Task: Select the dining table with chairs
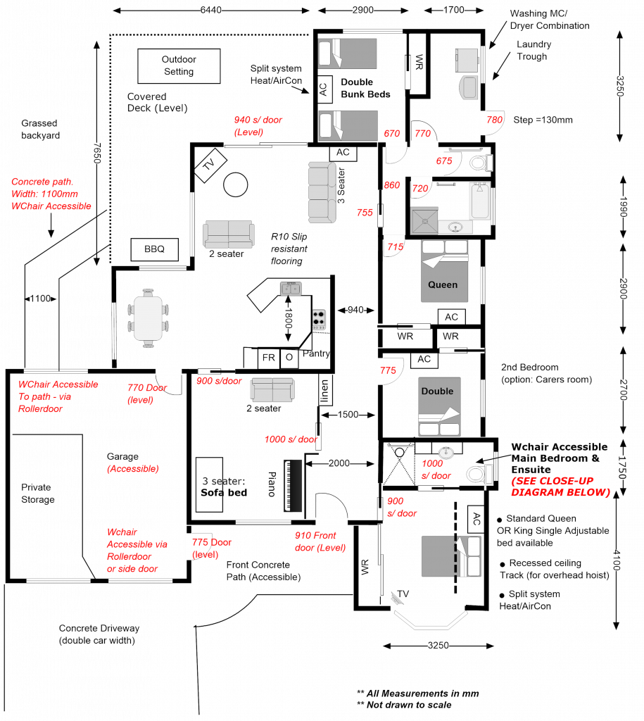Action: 148,318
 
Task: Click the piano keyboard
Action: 293,486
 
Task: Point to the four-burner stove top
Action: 319,319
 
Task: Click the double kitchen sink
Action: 291,289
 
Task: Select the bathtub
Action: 479,201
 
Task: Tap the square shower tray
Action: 424,220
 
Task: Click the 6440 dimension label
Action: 211,10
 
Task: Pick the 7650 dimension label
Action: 97,153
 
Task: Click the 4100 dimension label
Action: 616,560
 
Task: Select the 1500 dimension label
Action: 348,415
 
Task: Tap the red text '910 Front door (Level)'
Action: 320,541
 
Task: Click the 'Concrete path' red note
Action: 51,194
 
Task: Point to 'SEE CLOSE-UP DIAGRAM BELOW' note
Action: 560,487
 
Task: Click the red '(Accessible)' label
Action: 132,469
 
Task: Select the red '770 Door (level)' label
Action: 146,394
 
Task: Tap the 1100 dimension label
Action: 40,299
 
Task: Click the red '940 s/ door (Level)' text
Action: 258,126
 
